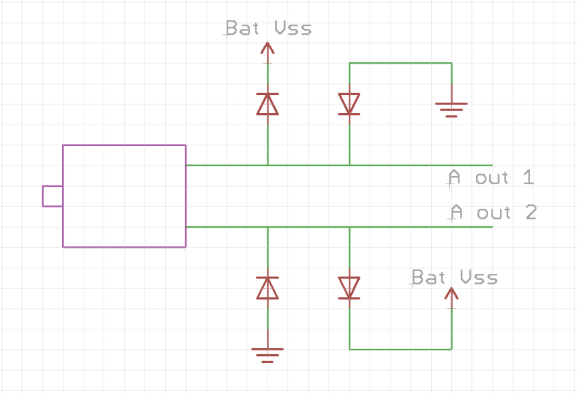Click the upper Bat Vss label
click(268, 28)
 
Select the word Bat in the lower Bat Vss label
click(429, 277)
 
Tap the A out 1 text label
click(491, 178)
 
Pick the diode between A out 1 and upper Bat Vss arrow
click(267, 104)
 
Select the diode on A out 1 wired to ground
click(349, 104)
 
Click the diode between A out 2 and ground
click(267, 288)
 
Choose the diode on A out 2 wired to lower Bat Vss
click(349, 288)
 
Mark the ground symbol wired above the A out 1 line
click(451, 107)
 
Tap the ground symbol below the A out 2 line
click(267, 353)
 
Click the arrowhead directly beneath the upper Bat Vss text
click(267, 48)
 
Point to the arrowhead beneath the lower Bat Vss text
click(451, 293)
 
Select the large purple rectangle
click(124, 196)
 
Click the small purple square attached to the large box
click(53, 196)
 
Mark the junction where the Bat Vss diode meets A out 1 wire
click(267, 165)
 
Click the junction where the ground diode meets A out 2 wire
click(267, 227)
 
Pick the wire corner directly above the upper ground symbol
click(451, 64)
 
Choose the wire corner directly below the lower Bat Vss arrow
click(451, 349)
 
